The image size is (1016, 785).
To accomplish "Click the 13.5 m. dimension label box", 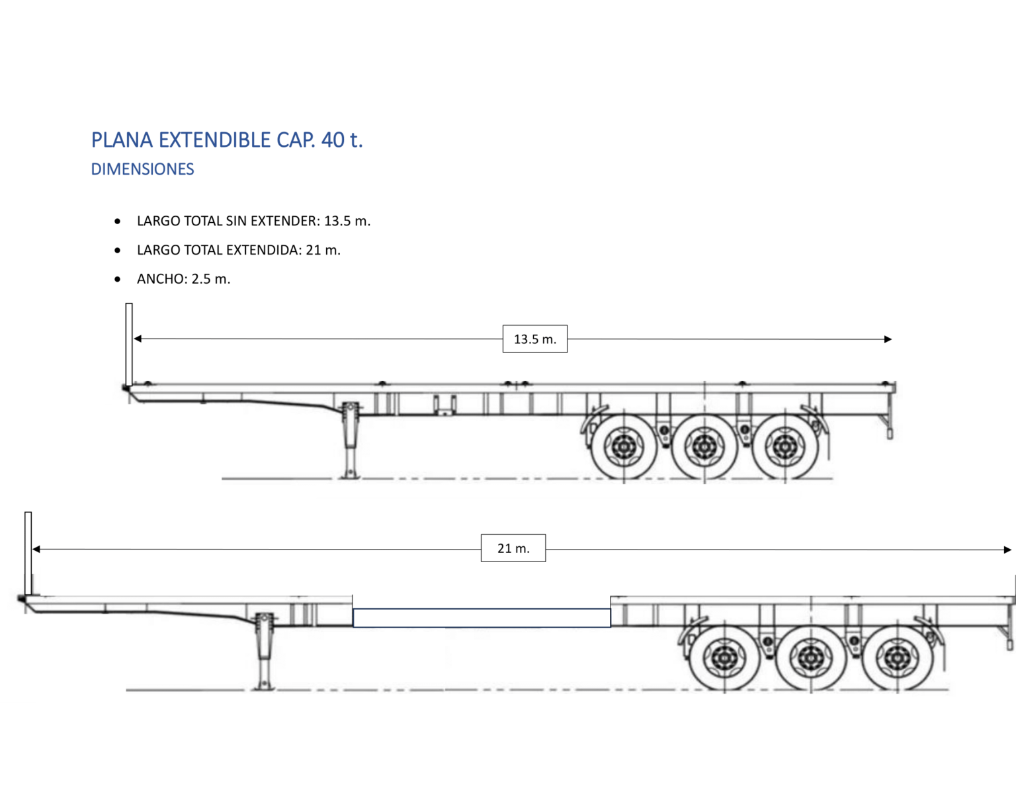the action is pos(535,339).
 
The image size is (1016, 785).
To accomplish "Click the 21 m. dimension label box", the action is pos(513,548).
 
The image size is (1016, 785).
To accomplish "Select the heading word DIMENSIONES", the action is pos(142,169).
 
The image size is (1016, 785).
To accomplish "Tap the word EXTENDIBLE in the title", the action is pos(214,140).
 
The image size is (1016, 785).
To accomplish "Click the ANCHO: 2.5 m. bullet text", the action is pos(183,279).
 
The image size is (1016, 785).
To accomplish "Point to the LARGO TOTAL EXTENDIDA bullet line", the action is pos(238,250).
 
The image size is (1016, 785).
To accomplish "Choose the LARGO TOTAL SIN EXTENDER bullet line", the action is pos(253,221).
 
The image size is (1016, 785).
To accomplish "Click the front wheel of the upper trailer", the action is pos(624,446).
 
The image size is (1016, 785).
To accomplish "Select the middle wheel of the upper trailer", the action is pos(704,446).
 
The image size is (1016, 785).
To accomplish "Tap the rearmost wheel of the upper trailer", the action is pos(786,446).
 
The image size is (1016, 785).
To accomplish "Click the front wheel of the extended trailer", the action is pos(725,658).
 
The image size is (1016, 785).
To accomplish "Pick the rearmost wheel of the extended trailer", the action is pos(897,658).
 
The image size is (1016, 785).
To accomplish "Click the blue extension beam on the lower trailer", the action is pos(482,618).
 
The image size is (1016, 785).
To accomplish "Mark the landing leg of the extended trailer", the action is pos(264,651).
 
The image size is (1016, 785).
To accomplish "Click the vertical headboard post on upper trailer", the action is pos(129,345).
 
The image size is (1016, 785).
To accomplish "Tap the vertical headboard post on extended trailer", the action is pos(28,554).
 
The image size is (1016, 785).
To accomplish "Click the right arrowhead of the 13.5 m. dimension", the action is pos(888,339).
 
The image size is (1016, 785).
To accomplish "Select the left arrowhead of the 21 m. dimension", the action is pos(36,549).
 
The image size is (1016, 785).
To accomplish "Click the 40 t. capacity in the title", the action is pos(342,140).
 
